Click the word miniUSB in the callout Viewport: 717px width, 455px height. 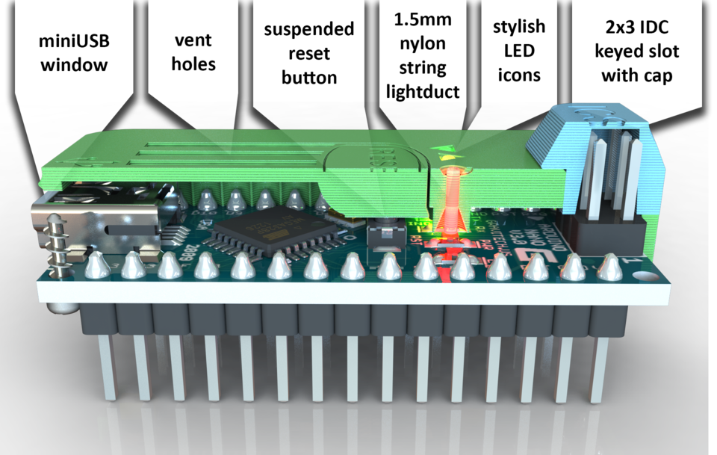[74, 38]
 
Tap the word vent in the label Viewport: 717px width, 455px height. [193, 39]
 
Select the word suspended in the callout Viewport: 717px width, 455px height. [309, 29]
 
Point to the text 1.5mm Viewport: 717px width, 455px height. [423, 19]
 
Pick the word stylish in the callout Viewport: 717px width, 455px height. [519, 27]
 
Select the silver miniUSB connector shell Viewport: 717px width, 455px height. [97, 224]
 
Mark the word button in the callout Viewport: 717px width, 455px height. [309, 78]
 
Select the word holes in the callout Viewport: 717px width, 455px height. [193, 64]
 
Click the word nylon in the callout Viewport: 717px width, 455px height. [423, 44]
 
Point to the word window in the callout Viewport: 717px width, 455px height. [74, 64]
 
